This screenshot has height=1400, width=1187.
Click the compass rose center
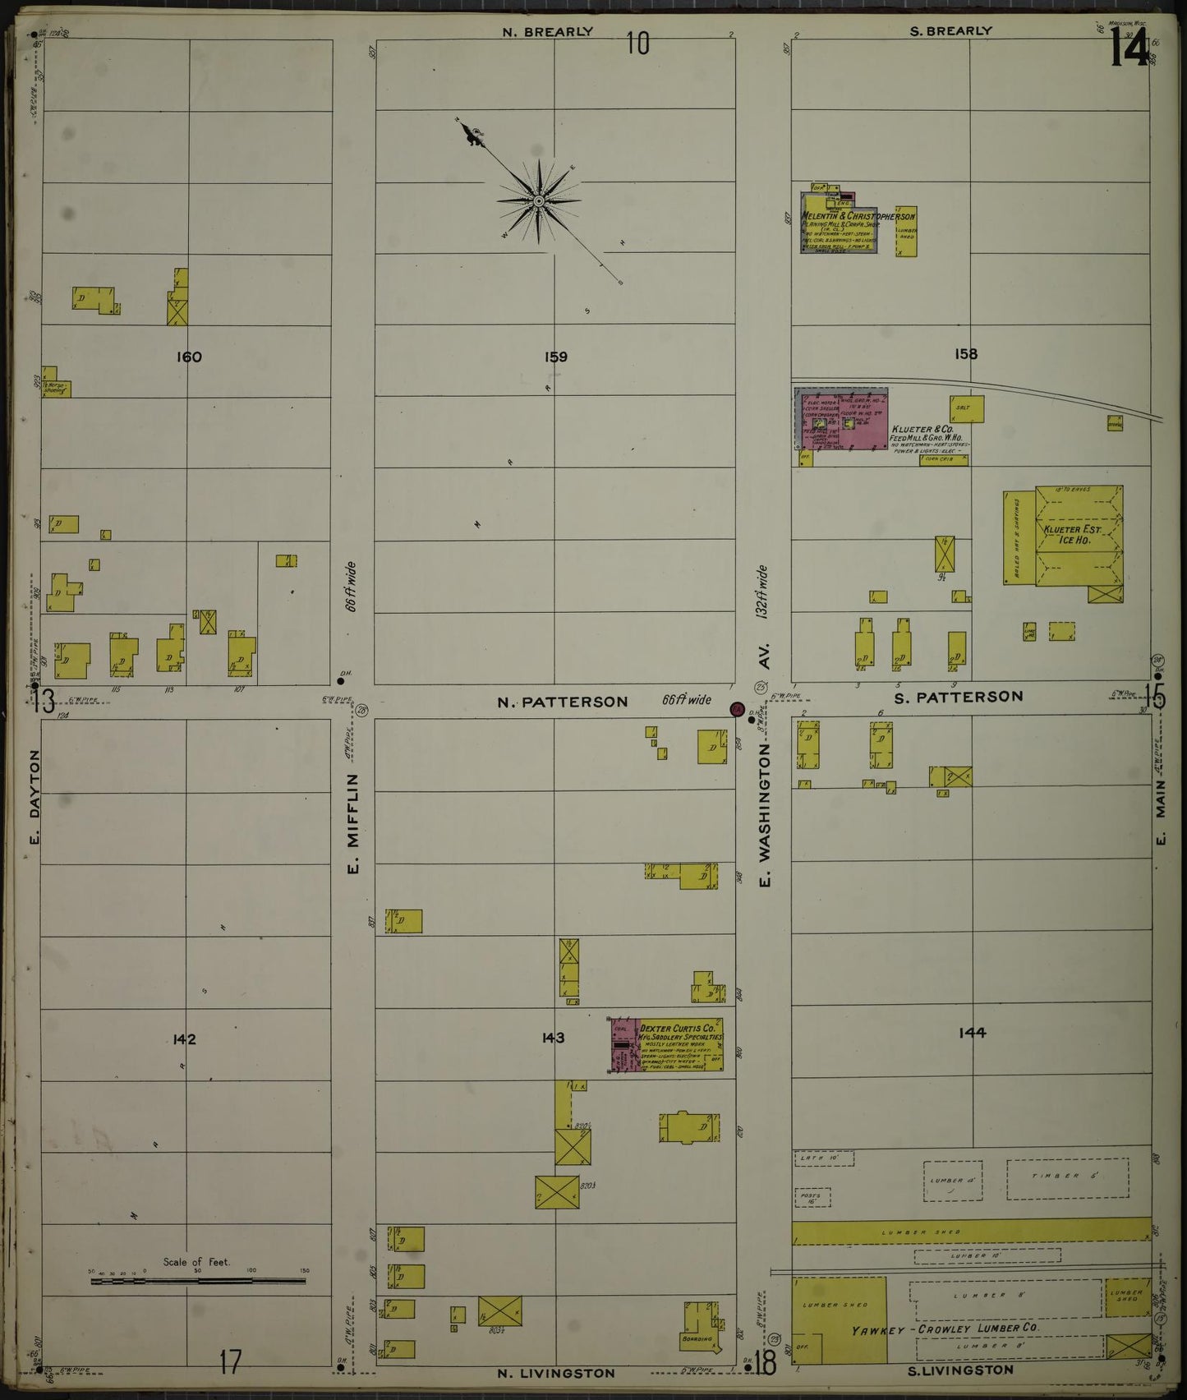(538, 200)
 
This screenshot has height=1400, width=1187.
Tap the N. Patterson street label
(563, 702)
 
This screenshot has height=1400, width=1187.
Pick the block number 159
(555, 357)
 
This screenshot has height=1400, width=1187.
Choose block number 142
(184, 1039)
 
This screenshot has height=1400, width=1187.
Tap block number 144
(972, 1033)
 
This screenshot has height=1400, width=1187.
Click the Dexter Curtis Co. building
(667, 1045)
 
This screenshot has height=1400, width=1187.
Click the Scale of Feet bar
(198, 1280)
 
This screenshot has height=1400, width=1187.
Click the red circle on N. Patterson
(737, 708)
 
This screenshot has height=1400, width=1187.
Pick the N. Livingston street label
(556, 1373)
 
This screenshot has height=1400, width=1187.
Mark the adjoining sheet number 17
(229, 1363)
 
